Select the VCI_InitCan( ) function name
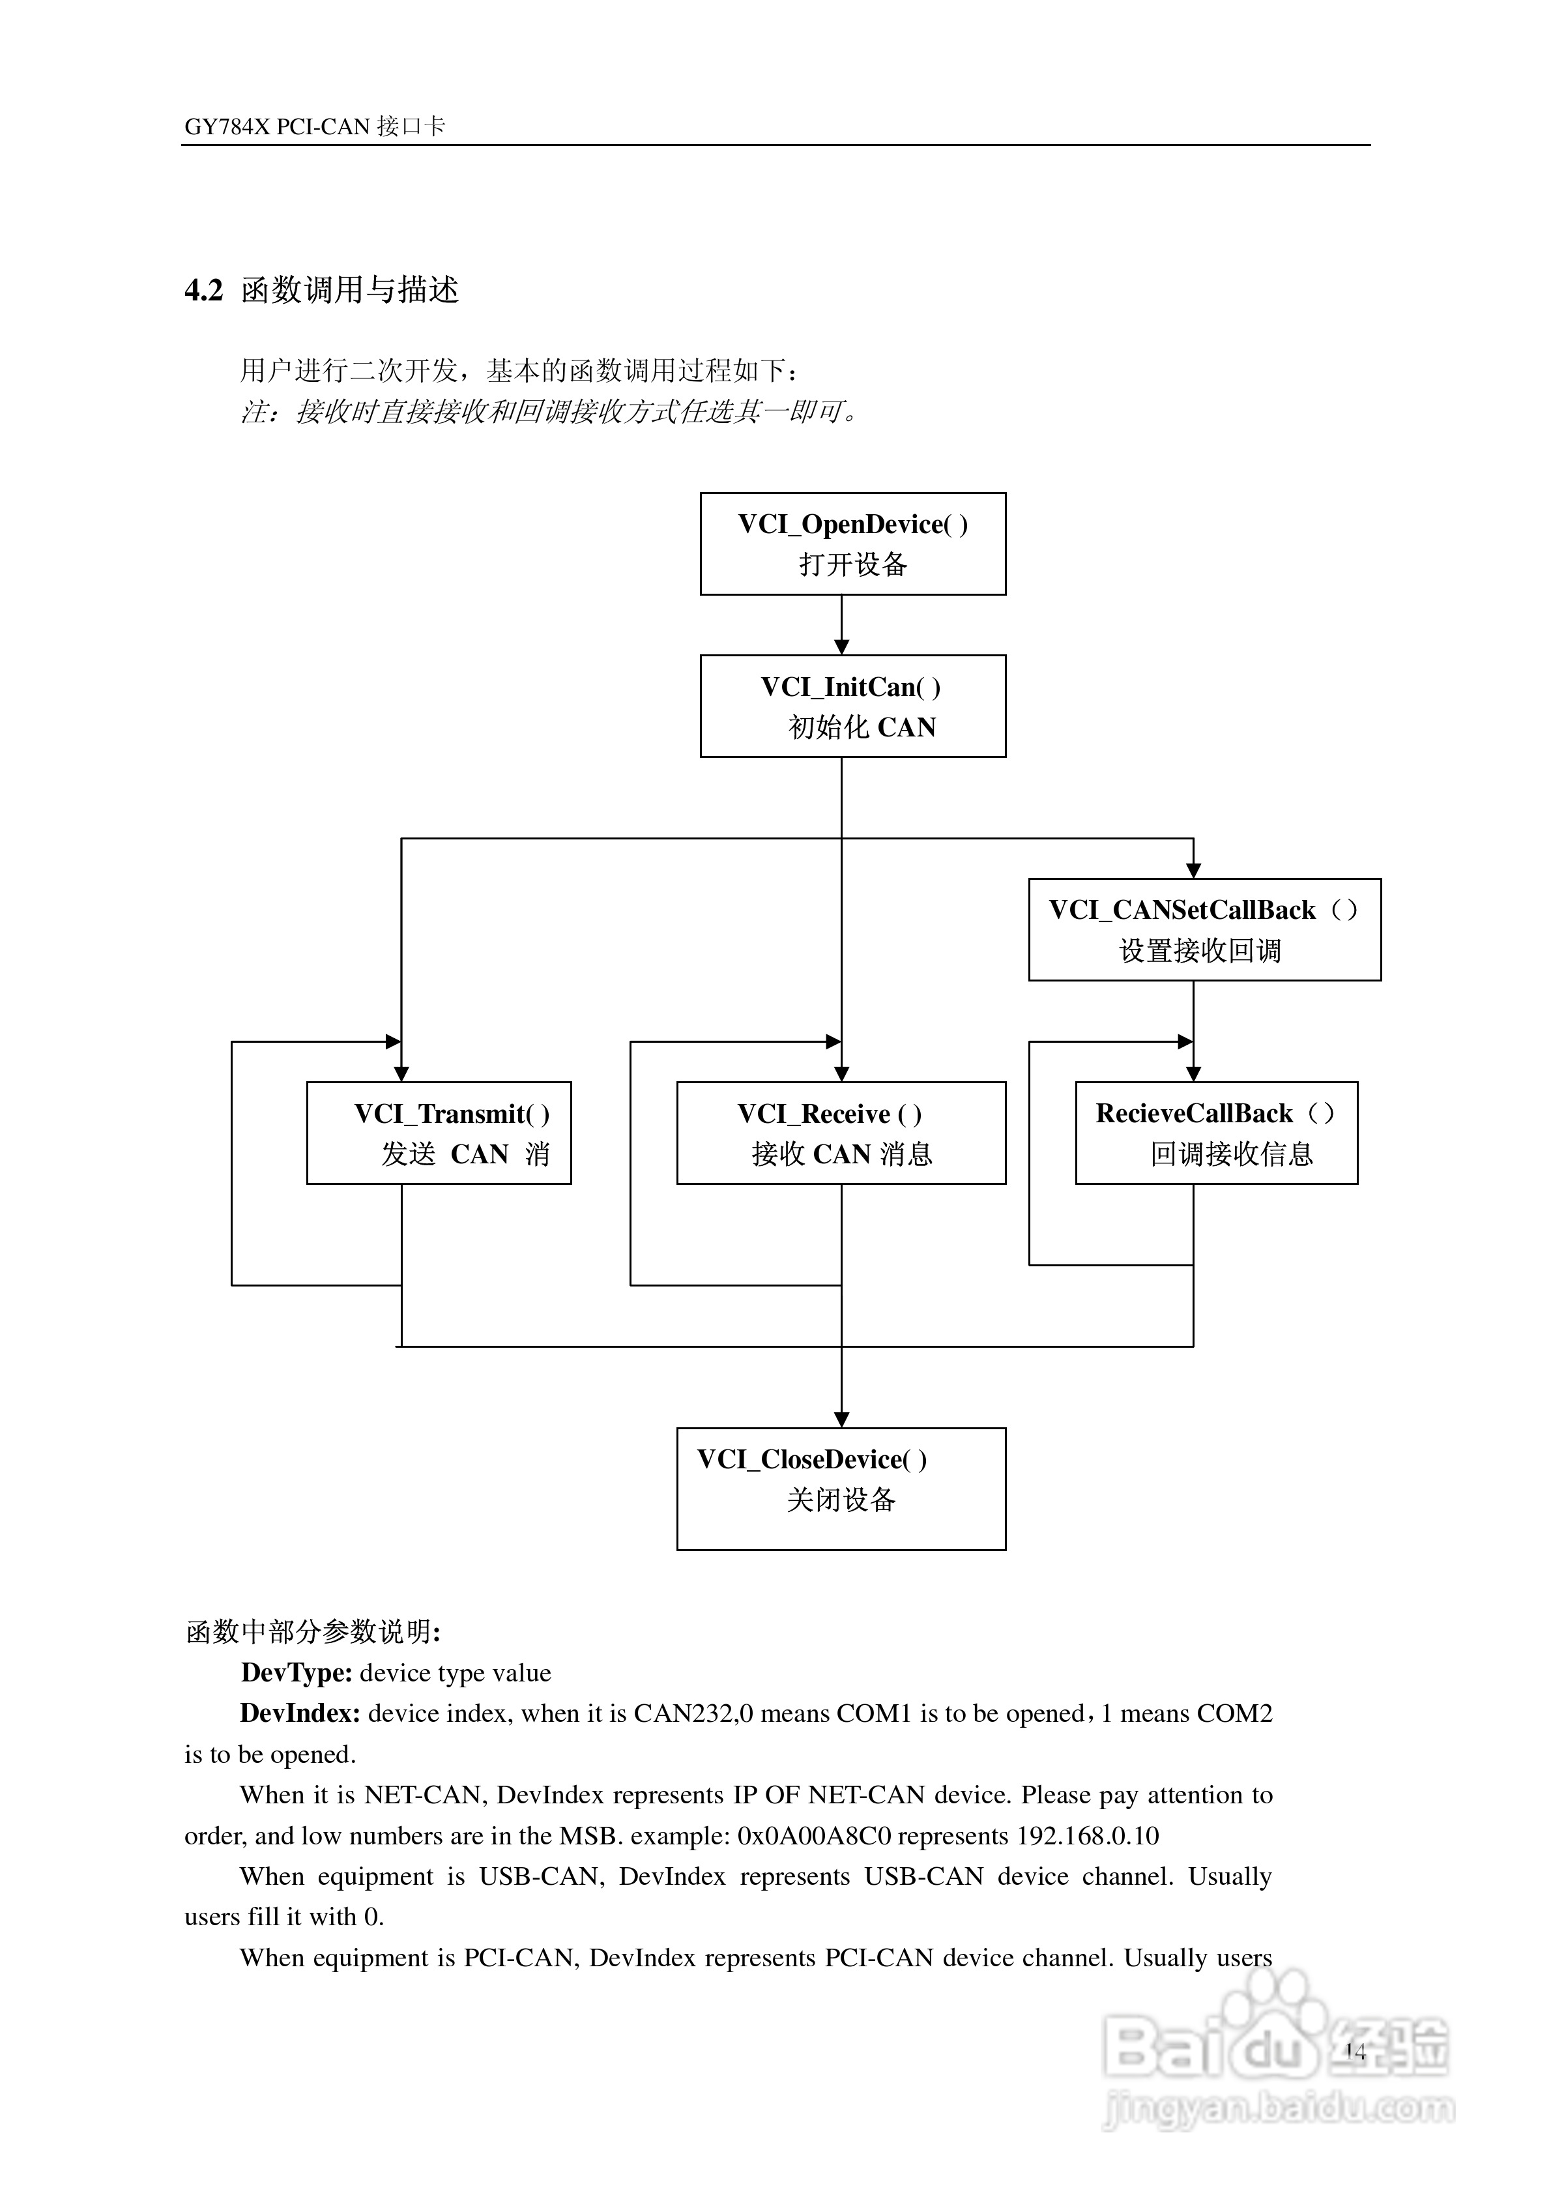point(850,688)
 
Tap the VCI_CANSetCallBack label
point(1182,910)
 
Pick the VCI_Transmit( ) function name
point(452,1114)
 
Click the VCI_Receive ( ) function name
point(829,1114)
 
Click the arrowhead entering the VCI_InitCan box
point(841,647)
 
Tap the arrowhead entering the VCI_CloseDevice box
point(841,1419)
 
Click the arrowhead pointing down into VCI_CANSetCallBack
point(1193,870)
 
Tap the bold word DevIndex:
point(299,1714)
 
